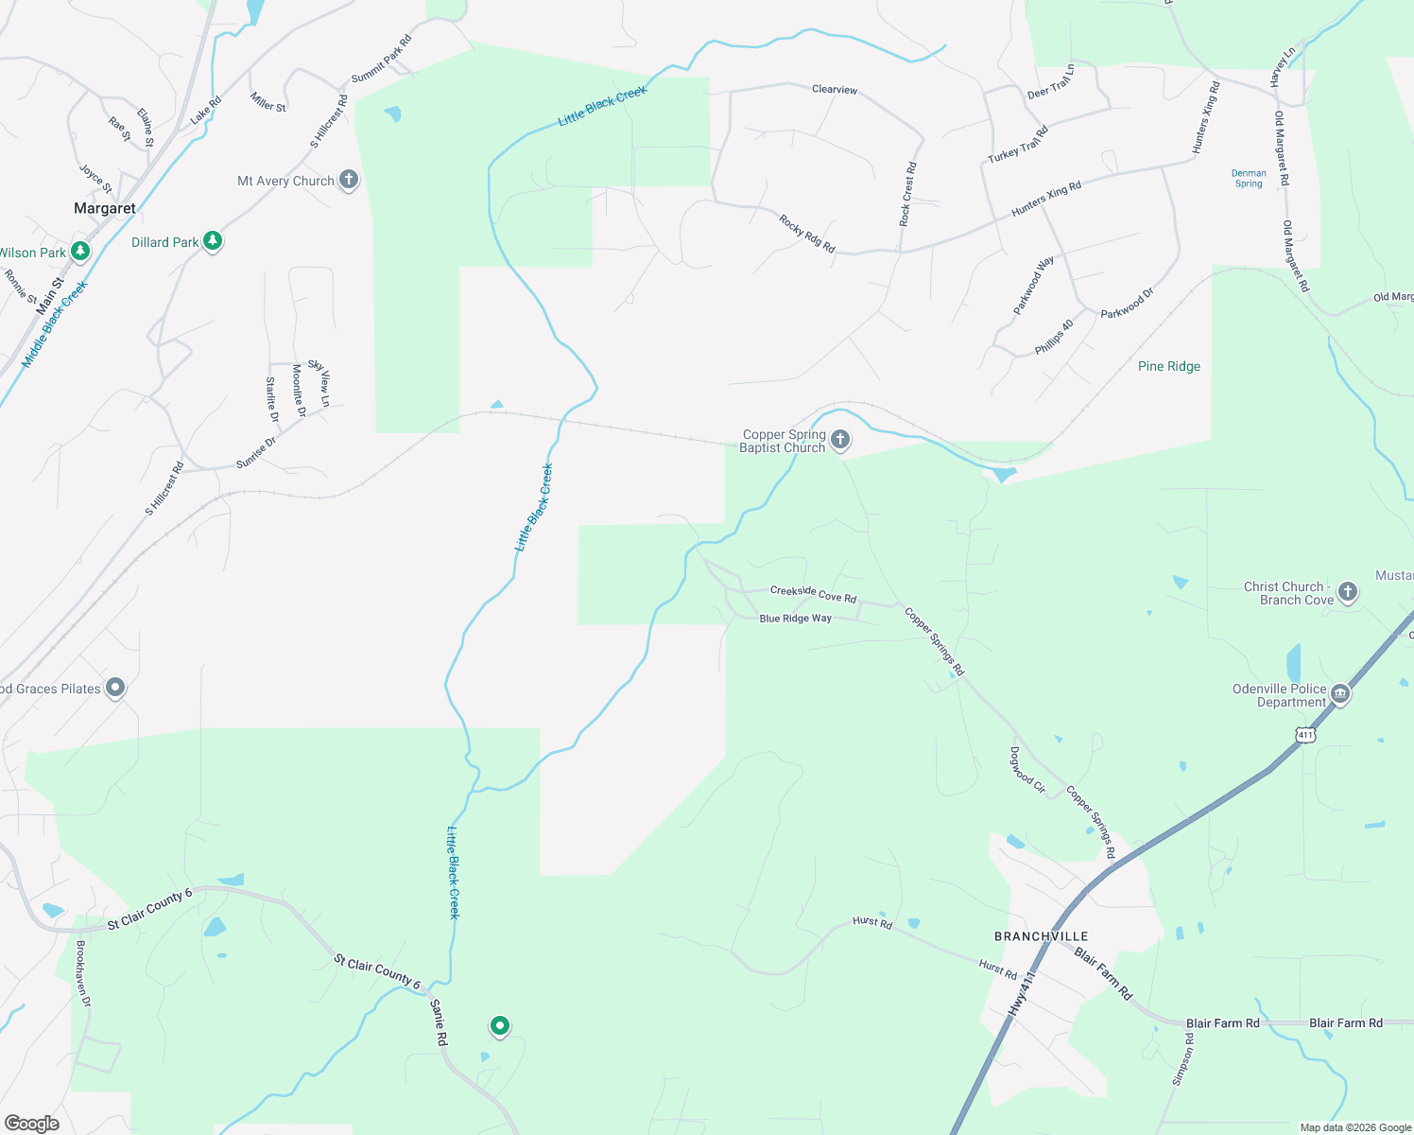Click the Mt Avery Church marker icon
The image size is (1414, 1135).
pos(348,179)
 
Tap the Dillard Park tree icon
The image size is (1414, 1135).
pos(213,241)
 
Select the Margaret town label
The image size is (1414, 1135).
pos(105,208)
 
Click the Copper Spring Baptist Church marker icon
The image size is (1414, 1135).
pos(839,440)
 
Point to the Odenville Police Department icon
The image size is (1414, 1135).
pos(1339,695)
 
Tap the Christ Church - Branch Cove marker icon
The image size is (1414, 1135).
pos(1348,592)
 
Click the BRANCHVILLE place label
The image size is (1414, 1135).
pos(1041,936)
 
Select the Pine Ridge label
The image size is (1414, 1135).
pos(1168,366)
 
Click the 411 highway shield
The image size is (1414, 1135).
pos(1305,734)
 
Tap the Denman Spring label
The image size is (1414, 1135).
pos(1249,178)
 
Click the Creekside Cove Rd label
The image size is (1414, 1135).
pos(813,594)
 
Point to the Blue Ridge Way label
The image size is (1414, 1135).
pos(795,619)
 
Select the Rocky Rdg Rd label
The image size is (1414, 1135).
pos(807,234)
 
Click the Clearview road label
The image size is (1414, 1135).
pos(835,89)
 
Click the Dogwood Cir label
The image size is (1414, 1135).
pos(1027,770)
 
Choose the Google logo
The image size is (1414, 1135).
pos(31,1124)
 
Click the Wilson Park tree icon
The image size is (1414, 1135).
pos(81,252)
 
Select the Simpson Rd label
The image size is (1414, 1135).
pos(1183,1059)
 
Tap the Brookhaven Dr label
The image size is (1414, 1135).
pos(83,974)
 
